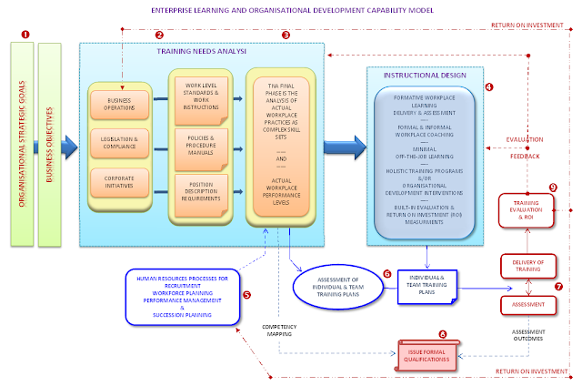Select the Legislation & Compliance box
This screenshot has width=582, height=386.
point(119,142)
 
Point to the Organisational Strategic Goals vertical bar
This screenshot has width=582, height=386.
point(25,145)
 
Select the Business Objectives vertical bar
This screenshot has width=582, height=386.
point(52,145)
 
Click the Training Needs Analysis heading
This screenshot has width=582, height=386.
point(215,52)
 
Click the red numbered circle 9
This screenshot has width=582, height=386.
point(551,188)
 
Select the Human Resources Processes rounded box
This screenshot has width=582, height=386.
point(182,293)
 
